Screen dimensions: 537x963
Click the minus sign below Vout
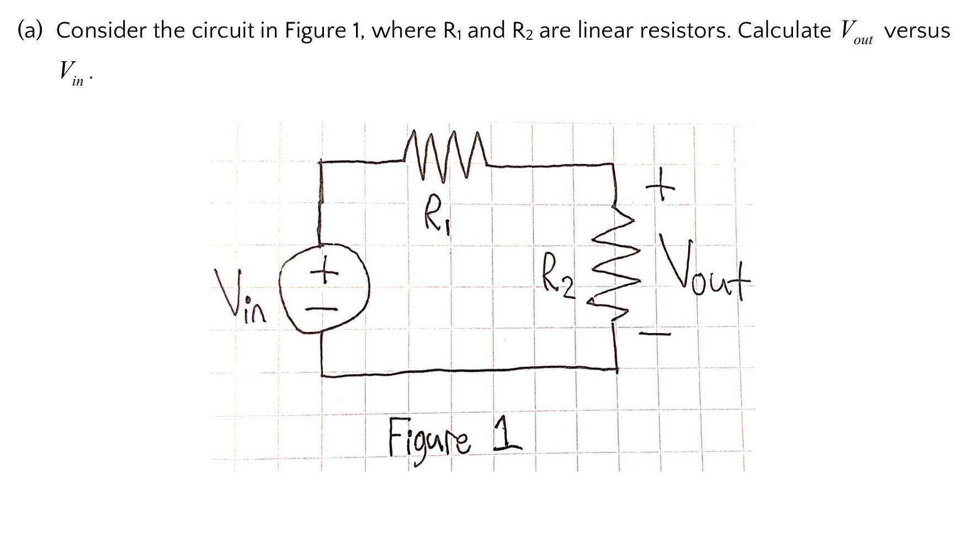(655, 334)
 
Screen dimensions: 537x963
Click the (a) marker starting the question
(31, 30)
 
